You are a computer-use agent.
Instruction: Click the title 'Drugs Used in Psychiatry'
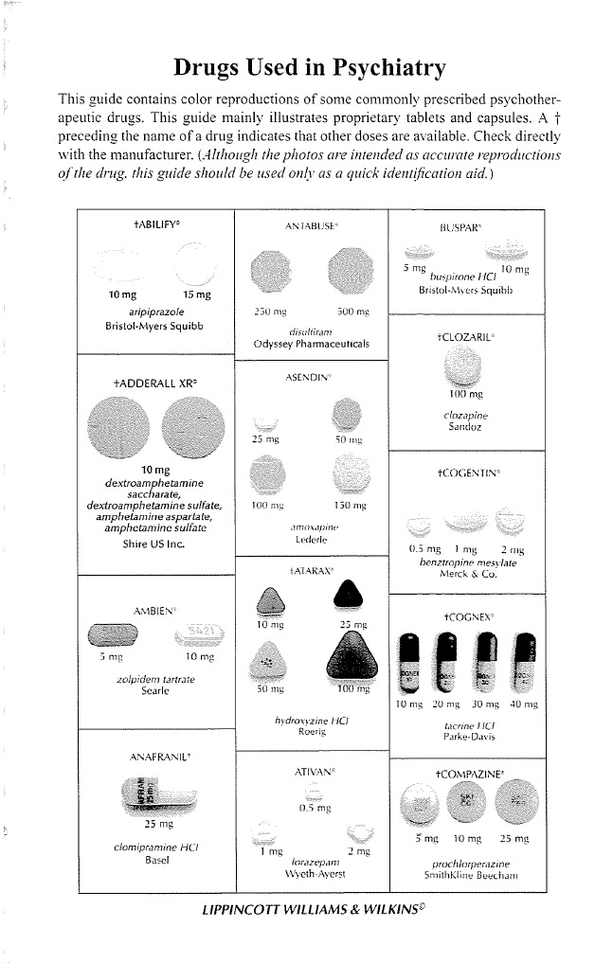tap(309, 68)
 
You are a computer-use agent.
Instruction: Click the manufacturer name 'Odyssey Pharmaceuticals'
tap(312, 343)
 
